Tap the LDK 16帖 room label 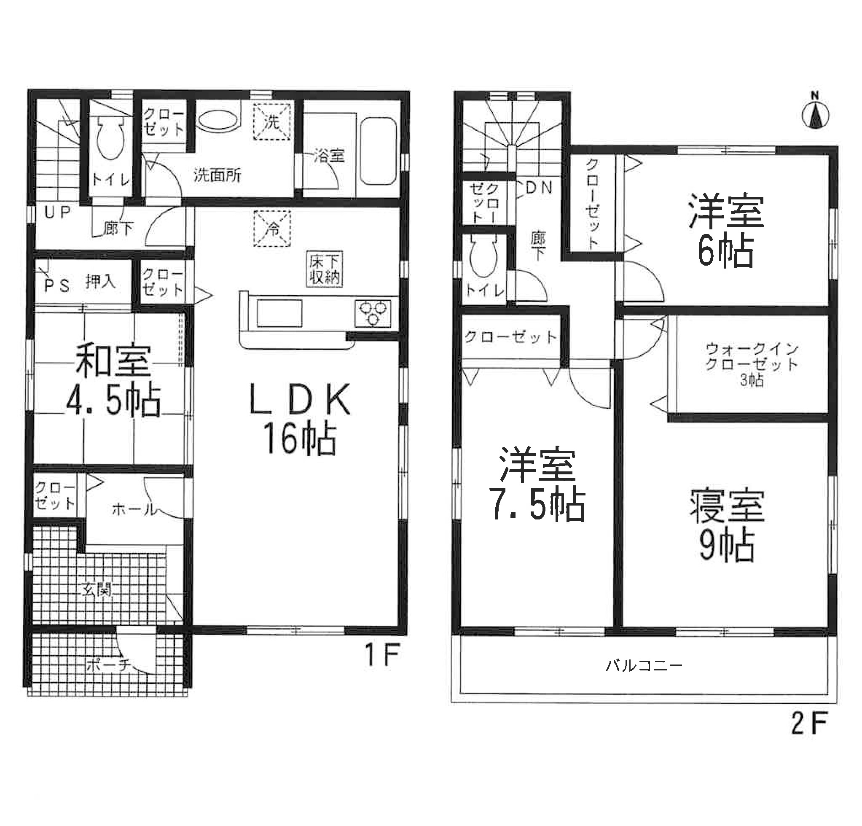[300, 418]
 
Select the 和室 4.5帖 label [113, 381]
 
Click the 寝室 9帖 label [727, 526]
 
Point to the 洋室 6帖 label [726, 231]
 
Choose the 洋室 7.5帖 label [537, 484]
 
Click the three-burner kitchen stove [373, 313]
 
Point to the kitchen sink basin [280, 313]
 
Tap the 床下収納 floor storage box [325, 269]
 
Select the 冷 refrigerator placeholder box [272, 228]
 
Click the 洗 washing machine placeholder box [272, 122]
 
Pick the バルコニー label [644, 665]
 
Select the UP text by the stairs [58, 213]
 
